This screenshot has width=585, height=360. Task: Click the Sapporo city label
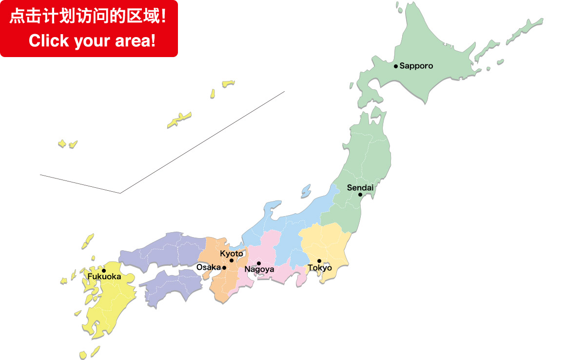[x=416, y=66]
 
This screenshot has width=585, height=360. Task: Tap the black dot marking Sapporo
[x=396, y=66]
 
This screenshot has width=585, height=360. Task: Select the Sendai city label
[x=360, y=187]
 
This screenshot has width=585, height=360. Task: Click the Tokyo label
[x=320, y=268]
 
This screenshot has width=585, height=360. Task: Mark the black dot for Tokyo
[x=319, y=261]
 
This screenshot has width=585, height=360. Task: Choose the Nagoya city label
[x=259, y=269]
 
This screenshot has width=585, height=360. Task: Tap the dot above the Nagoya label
[x=259, y=263]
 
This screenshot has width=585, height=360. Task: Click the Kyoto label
[x=232, y=254]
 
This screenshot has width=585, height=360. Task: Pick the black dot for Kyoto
[x=232, y=260]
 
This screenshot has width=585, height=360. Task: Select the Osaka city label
[x=209, y=267]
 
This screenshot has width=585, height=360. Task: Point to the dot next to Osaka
[x=224, y=268]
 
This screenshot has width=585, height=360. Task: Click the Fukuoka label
[x=104, y=277]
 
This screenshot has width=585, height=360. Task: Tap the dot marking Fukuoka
[x=104, y=271]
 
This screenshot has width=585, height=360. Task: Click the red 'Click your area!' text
[x=92, y=40]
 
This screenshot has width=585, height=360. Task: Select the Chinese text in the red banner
[x=88, y=17]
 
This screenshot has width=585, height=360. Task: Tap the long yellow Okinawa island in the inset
[x=179, y=120]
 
